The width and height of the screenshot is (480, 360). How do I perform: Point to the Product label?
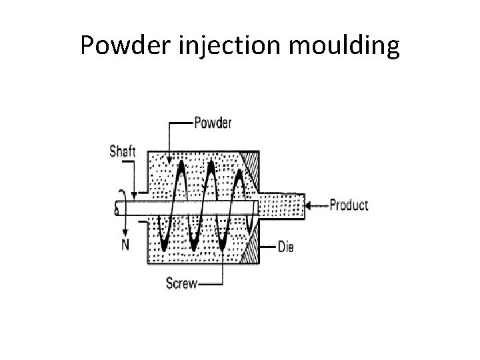[x=349, y=205]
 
